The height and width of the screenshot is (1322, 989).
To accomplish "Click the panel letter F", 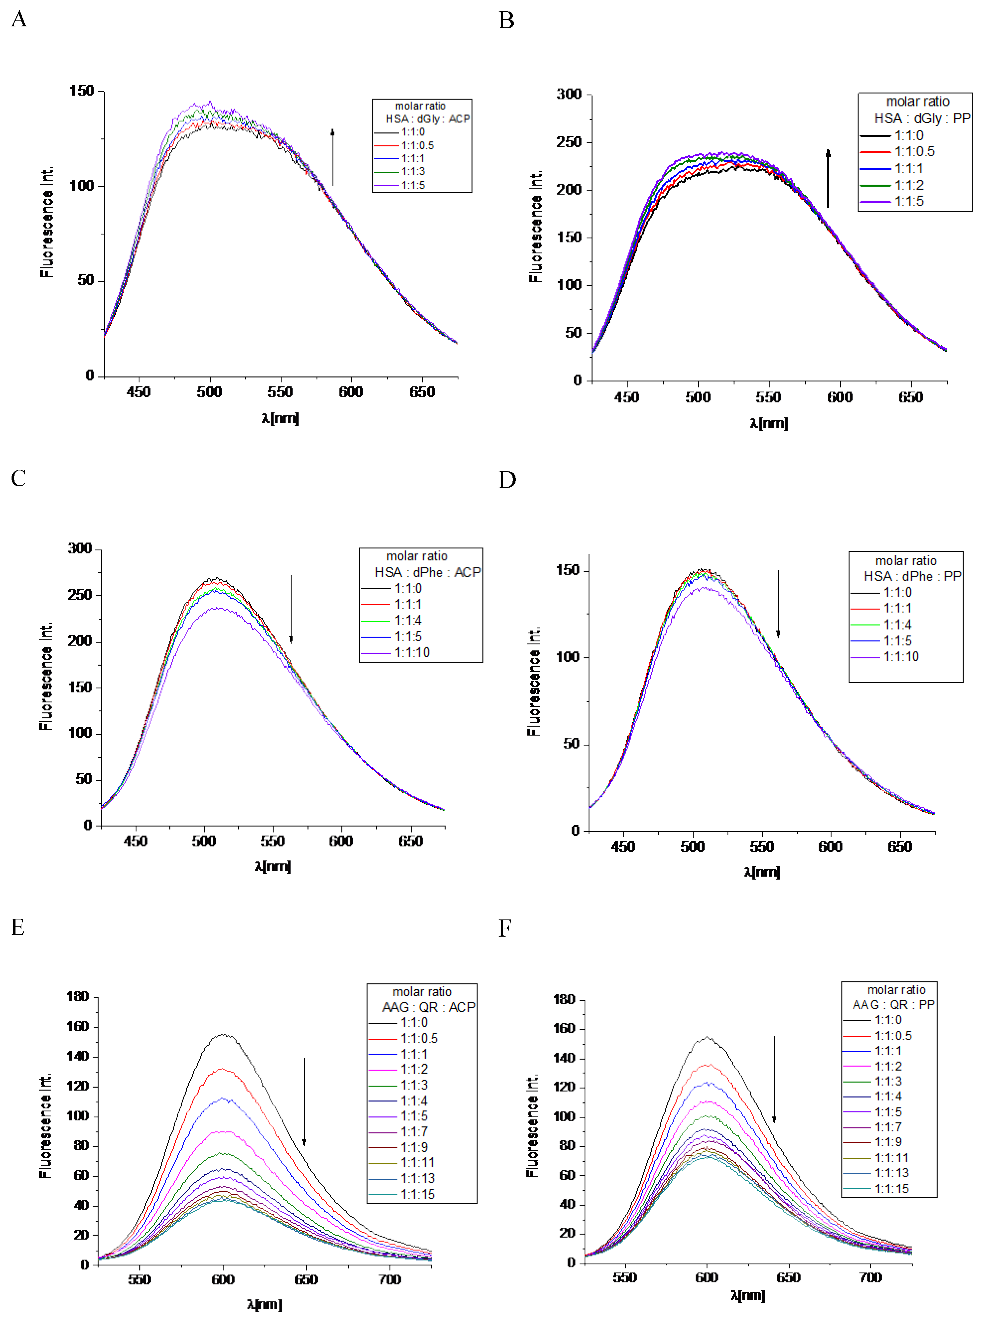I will (x=505, y=928).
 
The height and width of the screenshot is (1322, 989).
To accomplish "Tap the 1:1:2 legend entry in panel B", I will (x=908, y=185).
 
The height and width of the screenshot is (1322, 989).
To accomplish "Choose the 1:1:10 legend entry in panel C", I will (x=411, y=652).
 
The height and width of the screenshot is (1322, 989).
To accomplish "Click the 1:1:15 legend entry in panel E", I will (x=417, y=1194).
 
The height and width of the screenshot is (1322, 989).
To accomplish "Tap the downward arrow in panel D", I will (x=778, y=604).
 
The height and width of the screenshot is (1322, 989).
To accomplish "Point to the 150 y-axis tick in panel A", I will (x=82, y=91).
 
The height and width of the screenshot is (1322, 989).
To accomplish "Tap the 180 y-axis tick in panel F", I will (x=564, y=999).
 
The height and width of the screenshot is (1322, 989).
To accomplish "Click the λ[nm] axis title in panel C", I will (x=273, y=867).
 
